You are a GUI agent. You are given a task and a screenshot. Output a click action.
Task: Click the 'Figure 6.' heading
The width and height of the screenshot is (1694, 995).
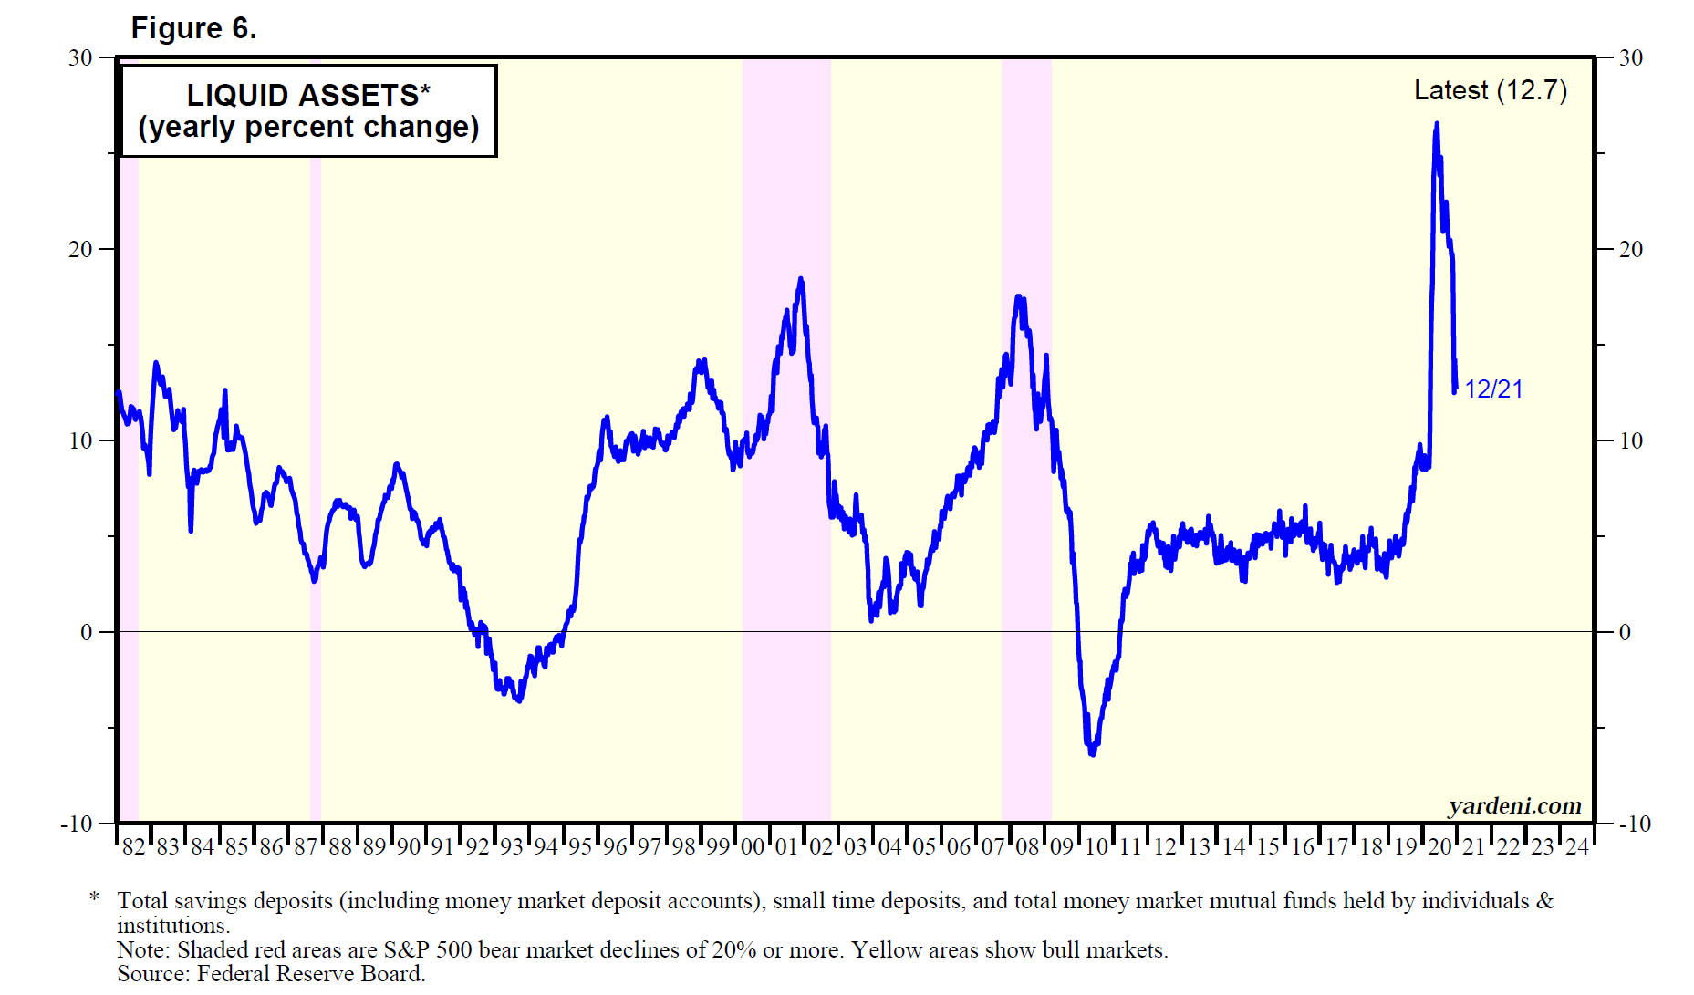(x=193, y=28)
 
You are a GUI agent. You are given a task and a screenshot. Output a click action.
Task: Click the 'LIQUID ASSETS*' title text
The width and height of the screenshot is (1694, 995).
(x=308, y=95)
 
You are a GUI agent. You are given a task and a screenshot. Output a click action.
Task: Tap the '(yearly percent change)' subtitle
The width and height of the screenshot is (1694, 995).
(x=308, y=127)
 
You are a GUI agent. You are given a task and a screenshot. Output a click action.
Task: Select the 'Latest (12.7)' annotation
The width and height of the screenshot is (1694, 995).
(x=1490, y=90)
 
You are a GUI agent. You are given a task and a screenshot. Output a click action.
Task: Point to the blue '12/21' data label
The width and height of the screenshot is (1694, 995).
(x=1493, y=389)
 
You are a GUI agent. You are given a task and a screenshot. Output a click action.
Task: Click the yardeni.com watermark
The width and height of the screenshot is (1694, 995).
(x=1514, y=805)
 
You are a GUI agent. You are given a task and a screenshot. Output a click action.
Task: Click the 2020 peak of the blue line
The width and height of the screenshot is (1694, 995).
(x=1437, y=124)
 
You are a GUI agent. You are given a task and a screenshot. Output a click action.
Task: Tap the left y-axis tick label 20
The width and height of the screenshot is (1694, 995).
(x=81, y=249)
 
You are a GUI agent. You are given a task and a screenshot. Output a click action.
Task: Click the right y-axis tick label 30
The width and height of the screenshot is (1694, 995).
(x=1630, y=58)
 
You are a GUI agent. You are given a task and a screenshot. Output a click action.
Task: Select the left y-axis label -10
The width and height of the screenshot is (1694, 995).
(x=78, y=824)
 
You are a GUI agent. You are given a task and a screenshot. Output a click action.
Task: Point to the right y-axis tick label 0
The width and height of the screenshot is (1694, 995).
(x=1625, y=632)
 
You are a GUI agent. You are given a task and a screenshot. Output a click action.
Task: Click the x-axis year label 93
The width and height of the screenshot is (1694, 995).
(x=511, y=847)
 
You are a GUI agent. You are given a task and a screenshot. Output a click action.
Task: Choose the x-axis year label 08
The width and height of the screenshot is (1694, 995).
(x=1027, y=847)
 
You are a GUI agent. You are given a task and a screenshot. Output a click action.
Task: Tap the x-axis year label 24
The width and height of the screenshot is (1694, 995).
(x=1576, y=847)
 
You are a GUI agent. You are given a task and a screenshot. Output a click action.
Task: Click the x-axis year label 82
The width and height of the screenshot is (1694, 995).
(x=133, y=847)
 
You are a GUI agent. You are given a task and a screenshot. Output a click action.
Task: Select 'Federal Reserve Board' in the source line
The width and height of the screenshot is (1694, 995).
(x=310, y=974)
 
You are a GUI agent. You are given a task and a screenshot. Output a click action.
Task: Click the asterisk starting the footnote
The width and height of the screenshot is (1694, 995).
(x=94, y=898)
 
